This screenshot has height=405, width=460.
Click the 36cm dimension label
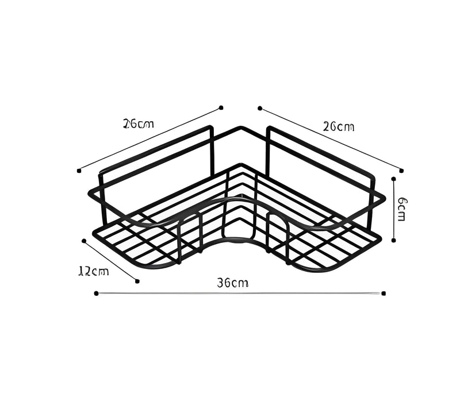click(233, 283)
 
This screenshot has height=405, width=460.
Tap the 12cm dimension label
click(93, 271)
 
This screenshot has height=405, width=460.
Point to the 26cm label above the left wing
click(139, 124)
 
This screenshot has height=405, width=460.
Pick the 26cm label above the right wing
click(338, 126)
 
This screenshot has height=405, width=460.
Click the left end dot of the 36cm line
click(96, 293)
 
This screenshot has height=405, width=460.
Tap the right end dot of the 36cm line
click(383, 293)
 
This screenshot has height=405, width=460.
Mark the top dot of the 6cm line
click(394, 179)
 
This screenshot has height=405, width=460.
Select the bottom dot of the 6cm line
click(394, 240)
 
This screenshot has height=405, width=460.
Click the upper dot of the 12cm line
click(84, 241)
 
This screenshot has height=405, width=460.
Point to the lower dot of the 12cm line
click(137, 280)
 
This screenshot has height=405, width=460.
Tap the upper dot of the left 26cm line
click(221, 107)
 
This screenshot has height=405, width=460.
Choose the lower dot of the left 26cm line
click(78, 170)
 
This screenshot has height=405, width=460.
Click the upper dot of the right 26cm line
click(260, 107)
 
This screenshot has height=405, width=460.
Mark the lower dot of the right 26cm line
click(401, 170)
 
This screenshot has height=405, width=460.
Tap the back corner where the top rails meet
click(241, 128)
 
